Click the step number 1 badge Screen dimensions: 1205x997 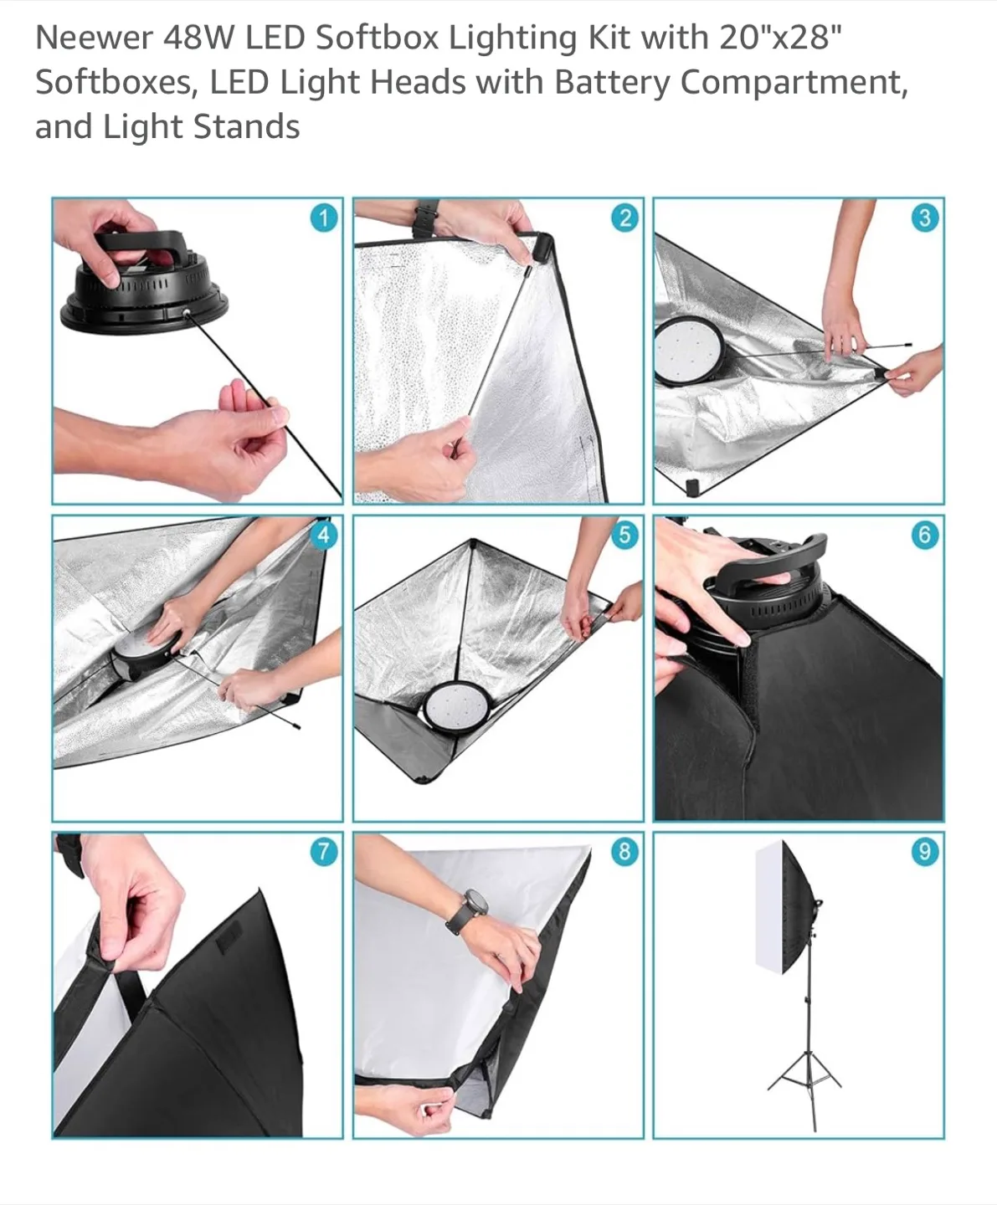323,218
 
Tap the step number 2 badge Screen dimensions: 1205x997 624,218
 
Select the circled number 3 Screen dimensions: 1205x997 924,218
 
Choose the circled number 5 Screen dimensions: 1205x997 624,535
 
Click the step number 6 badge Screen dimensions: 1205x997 924,535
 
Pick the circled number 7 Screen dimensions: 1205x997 323,852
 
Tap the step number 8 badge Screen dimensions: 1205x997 624,852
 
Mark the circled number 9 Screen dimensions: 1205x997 924,852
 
